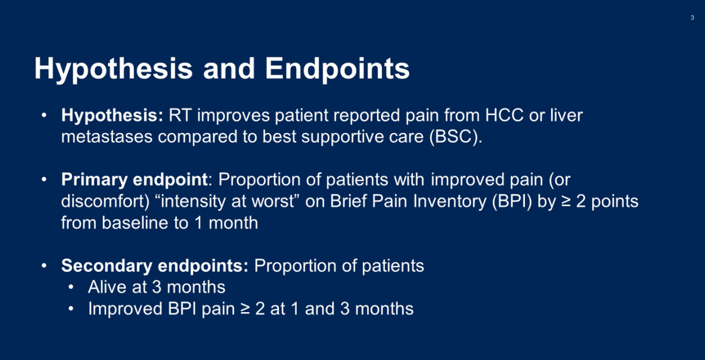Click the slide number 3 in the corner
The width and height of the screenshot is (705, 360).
pyautogui.click(x=692, y=18)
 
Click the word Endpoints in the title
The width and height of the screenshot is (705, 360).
pyautogui.click(x=337, y=69)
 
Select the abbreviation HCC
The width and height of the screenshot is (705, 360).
pyautogui.click(x=504, y=115)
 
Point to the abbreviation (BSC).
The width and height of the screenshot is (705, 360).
pyautogui.click(x=456, y=137)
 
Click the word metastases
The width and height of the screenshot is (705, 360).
pyautogui.click(x=107, y=137)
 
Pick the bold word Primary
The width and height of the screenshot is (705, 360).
pyautogui.click(x=94, y=180)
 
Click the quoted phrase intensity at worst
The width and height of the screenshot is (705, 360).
pyautogui.click(x=227, y=201)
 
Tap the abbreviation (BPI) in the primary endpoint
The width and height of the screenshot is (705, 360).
pyautogui.click(x=512, y=201)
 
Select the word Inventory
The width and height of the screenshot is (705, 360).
pyautogui.click(x=450, y=202)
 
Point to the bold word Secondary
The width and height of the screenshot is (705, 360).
pyautogui.click(x=107, y=266)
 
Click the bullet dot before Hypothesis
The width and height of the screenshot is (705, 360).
pyautogui.click(x=44, y=115)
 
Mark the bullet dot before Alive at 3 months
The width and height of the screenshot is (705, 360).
pyautogui.click(x=71, y=287)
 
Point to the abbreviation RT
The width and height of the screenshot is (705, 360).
pyautogui.click(x=180, y=115)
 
